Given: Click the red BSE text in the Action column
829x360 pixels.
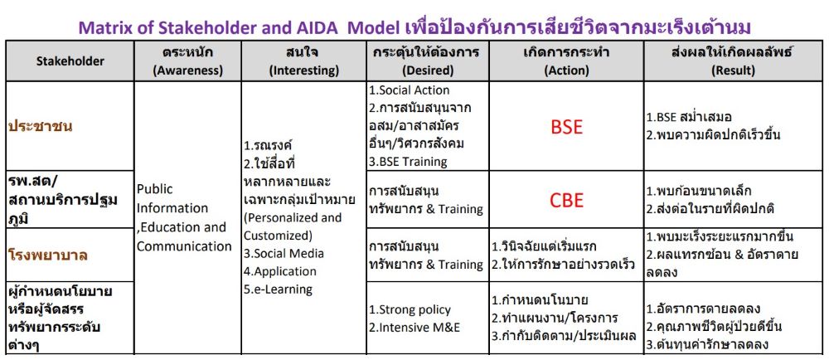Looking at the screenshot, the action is point(566,127).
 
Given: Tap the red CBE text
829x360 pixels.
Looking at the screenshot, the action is point(566,201).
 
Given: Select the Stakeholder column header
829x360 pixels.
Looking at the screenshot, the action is point(70,61).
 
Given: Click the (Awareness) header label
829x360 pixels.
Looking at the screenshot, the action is point(187,71).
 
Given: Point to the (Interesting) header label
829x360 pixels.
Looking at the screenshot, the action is point(304,71).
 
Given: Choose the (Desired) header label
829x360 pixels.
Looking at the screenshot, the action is point(428,71).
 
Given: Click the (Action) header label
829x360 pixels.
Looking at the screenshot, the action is point(566,71).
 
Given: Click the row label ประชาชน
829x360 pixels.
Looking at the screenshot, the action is point(41,127).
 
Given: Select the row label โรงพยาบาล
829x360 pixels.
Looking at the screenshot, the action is point(48,255).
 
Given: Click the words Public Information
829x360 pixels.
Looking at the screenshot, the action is point(172,199).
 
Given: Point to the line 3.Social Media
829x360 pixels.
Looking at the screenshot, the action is point(284,253).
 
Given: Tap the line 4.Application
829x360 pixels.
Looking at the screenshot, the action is point(280,272).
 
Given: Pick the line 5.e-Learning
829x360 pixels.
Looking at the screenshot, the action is point(278,289).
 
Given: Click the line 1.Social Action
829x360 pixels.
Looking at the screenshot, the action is point(410,90).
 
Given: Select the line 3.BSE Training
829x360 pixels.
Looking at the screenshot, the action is point(408,162).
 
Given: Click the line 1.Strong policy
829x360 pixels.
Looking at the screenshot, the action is point(410,309).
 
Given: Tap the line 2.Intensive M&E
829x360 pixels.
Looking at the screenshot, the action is point(414,328).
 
